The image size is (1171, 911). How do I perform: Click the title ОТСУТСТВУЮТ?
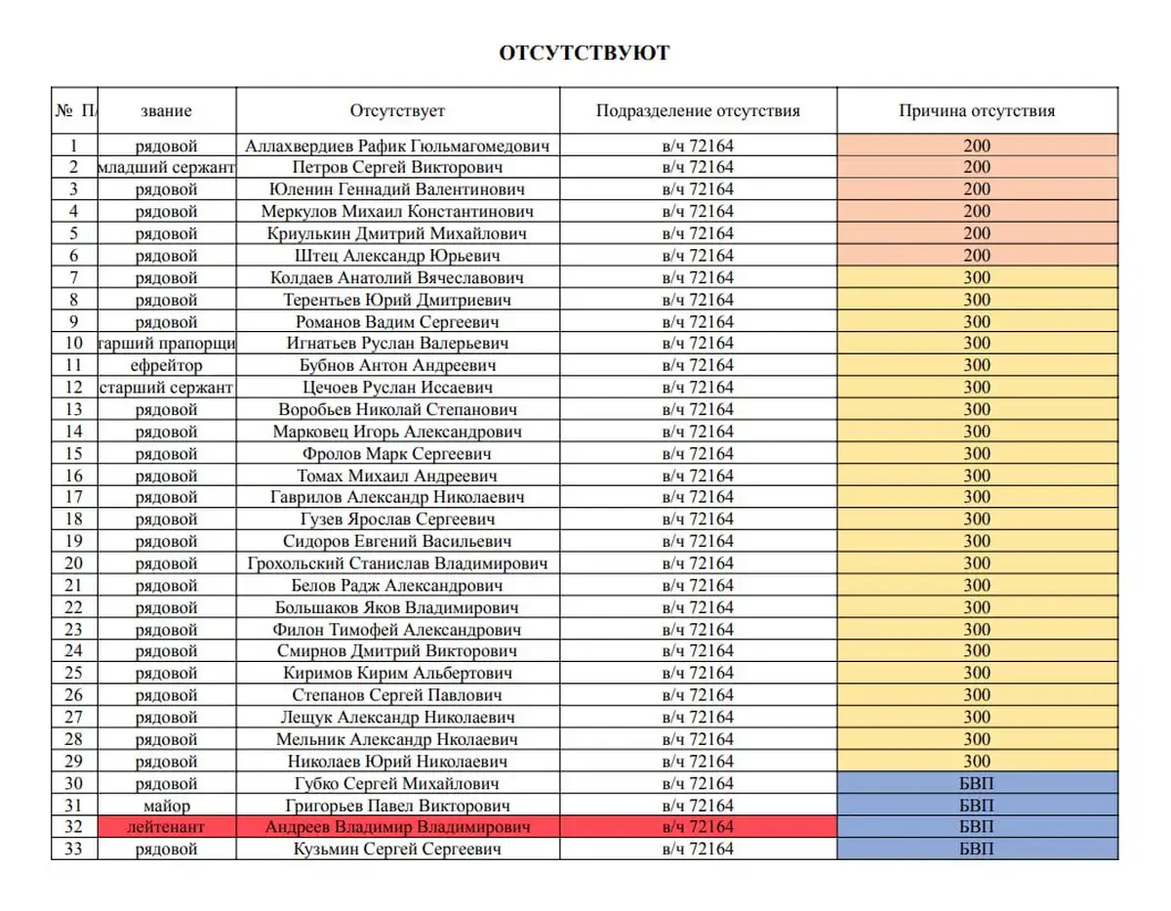point(585,53)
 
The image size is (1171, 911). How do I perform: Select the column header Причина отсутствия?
point(976,110)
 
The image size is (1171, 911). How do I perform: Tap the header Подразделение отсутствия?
point(698,110)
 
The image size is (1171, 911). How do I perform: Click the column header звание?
point(166,110)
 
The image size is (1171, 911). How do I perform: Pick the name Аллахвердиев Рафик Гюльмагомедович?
point(397,145)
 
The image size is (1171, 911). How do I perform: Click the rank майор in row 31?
point(166,806)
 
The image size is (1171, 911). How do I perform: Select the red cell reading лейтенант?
point(166,827)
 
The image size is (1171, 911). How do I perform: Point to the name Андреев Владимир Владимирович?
point(397,827)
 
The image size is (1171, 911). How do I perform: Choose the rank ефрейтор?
point(166,365)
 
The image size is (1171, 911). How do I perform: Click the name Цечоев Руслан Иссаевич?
point(397,388)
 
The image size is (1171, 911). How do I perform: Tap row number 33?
point(74,849)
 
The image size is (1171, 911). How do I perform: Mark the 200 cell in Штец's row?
point(976,256)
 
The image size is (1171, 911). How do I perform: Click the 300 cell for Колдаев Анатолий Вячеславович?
point(976,277)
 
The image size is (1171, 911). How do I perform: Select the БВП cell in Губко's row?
point(976,783)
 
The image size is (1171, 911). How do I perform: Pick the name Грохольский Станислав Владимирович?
point(397,563)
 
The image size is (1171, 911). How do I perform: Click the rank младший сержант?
point(166,167)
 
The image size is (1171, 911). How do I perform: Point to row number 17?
point(74,497)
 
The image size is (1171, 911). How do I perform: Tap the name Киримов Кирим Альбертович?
point(397,674)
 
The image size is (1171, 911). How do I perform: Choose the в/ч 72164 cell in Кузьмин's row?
point(698,849)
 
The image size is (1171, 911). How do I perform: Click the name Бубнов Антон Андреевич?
point(397,365)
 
